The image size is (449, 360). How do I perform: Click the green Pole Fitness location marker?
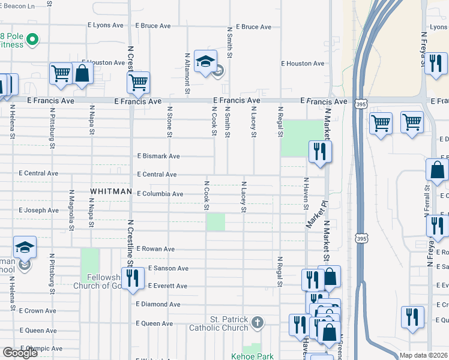coord(33,41)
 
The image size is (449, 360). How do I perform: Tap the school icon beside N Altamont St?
coord(205,62)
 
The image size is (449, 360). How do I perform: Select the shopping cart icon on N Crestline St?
coord(139,82)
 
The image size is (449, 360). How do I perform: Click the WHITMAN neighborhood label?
coord(111,191)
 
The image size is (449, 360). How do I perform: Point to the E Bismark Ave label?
coord(158,156)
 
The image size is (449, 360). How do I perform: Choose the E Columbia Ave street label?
coord(160,194)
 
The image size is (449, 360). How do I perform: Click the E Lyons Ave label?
coord(105,26)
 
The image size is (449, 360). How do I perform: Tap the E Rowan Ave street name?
coord(155,248)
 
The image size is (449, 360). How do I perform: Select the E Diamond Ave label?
coord(158,304)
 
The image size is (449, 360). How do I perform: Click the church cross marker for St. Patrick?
coord(257,323)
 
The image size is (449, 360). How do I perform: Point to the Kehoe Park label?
coord(252,356)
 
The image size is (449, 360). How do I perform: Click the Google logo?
coord(20,353)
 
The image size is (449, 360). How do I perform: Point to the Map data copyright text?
coord(423,355)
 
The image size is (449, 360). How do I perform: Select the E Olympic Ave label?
coord(41,349)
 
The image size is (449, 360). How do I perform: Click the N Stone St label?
coord(170,123)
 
